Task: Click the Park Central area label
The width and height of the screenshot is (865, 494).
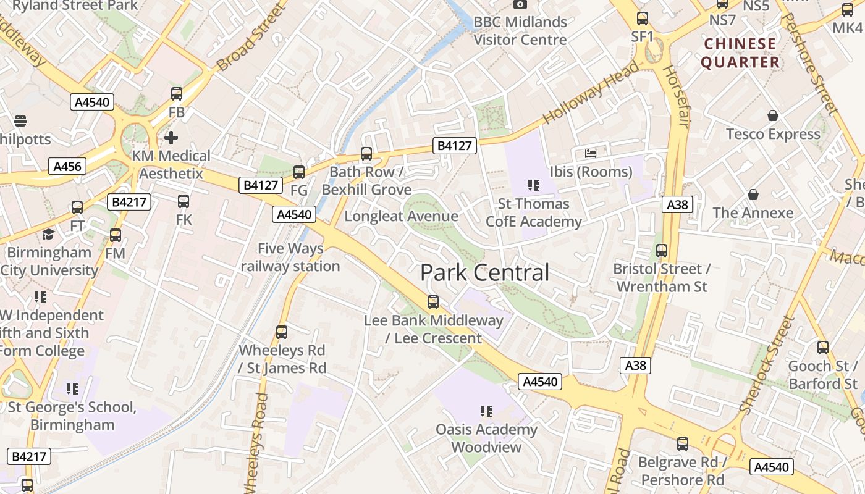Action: [484, 272]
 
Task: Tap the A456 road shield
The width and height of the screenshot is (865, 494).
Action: [67, 166]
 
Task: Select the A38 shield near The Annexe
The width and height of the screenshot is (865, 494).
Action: [677, 204]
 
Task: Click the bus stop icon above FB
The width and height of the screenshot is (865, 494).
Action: [177, 94]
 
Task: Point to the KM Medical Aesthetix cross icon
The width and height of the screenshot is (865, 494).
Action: [171, 137]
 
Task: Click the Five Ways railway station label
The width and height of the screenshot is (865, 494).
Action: [290, 257]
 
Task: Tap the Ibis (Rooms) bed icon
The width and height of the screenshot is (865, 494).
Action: [591, 153]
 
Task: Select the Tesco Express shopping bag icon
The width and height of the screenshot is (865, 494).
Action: [772, 115]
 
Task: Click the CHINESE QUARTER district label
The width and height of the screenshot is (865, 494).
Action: [740, 53]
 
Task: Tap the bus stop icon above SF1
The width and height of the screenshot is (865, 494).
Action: [643, 19]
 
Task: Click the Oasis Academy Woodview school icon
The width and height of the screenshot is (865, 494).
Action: [486, 411]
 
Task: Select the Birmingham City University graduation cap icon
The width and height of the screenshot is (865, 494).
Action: [48, 234]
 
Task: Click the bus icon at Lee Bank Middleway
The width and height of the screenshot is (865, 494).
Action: [433, 302]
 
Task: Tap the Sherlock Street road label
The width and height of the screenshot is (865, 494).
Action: [766, 366]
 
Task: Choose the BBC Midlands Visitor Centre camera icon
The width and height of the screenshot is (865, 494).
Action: [520, 4]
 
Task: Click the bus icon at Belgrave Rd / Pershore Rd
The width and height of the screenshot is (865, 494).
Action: [683, 443]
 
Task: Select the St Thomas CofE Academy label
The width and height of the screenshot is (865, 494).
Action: [534, 212]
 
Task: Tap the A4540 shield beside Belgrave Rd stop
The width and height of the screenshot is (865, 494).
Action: [772, 466]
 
